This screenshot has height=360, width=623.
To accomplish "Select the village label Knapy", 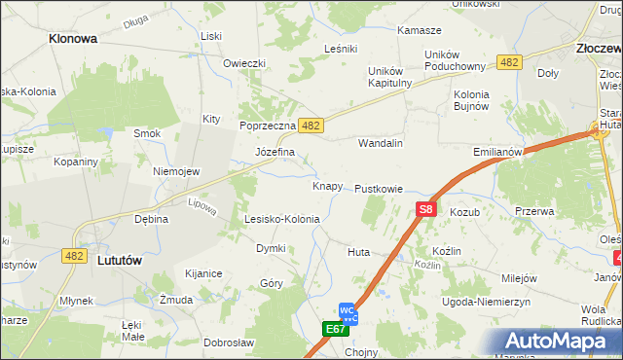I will (x=327, y=186).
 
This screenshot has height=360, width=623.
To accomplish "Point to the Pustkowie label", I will (x=379, y=189).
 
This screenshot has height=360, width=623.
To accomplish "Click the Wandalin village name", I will (x=381, y=143).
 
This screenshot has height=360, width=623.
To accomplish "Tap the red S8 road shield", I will (x=425, y=208).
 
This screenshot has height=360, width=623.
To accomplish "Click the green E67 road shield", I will (x=336, y=330).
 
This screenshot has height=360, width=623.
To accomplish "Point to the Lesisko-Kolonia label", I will (x=281, y=220).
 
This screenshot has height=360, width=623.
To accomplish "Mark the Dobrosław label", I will (x=229, y=342).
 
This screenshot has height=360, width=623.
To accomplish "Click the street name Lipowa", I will (x=202, y=206).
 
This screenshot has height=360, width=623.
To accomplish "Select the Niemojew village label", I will (x=176, y=171).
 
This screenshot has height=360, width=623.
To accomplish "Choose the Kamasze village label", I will (x=420, y=30).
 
